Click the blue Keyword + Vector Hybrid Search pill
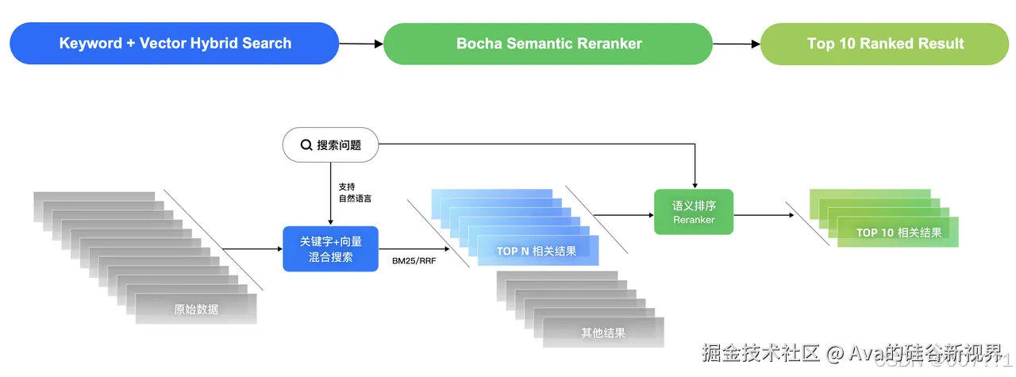tap(175, 44)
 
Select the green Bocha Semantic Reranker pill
tap(548, 44)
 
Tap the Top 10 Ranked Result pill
tap(885, 44)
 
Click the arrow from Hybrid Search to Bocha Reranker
tap(362, 44)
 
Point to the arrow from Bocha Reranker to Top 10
tap(737, 44)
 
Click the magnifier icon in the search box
tap(306, 145)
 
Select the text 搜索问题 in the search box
tap(339, 145)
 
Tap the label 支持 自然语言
tap(353, 192)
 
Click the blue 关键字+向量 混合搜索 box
tap(331, 248)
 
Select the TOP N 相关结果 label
tap(537, 252)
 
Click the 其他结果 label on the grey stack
tap(602, 333)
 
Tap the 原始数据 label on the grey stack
tap(196, 309)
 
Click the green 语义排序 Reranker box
tap(694, 212)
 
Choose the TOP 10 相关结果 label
tap(899, 233)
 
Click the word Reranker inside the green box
tap(694, 220)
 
